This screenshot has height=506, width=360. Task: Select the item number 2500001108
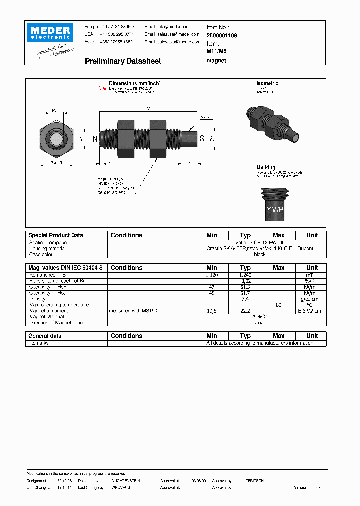point(222,36)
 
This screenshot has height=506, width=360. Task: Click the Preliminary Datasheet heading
point(123,61)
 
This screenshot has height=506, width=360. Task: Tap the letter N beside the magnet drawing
point(95,138)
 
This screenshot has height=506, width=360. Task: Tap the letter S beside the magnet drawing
point(202,138)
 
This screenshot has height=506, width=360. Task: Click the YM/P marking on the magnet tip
point(274,210)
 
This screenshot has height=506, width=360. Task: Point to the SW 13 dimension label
point(57,163)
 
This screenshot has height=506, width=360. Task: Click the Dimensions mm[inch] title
point(135,84)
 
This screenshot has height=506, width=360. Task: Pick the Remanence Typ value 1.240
point(245,275)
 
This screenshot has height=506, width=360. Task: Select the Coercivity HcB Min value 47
point(212,287)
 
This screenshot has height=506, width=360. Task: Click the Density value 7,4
point(245,299)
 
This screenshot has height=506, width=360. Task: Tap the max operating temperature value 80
point(278,305)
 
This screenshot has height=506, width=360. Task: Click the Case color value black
point(260,254)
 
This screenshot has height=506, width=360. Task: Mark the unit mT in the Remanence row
point(312,275)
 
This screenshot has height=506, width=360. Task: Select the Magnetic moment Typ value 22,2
point(245,311)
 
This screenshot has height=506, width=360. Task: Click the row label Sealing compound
point(49,243)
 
